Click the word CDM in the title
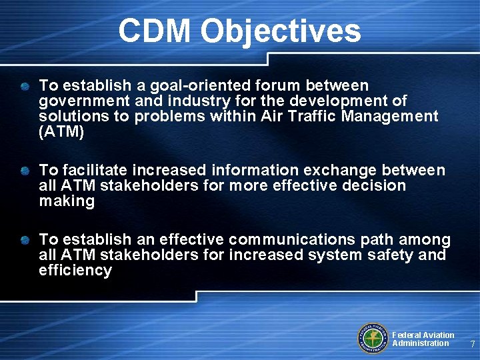[154, 31]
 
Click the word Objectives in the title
[280, 31]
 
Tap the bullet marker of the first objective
[25, 87]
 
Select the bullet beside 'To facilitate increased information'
[25, 171]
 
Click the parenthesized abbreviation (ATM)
[62, 132]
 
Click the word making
[67, 201]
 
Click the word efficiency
[75, 270]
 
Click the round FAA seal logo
[373, 337]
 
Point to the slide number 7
[472, 344]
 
